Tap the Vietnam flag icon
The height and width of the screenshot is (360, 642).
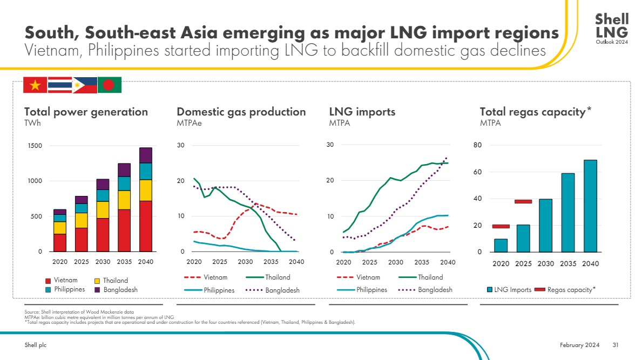(x=35, y=85)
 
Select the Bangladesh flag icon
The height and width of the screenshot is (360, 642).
(x=109, y=85)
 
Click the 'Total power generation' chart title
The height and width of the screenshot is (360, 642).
(x=86, y=112)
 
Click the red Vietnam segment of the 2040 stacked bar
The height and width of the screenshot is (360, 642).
(x=146, y=226)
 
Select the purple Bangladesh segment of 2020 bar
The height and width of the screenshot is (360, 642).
(x=60, y=212)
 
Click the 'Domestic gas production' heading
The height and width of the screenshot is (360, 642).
(x=241, y=112)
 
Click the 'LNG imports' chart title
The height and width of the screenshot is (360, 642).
(x=362, y=112)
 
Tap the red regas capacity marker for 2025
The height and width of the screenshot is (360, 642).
(x=523, y=201)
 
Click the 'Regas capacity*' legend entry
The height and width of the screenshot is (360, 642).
(x=565, y=290)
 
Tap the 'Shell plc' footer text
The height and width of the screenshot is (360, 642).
(x=36, y=345)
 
